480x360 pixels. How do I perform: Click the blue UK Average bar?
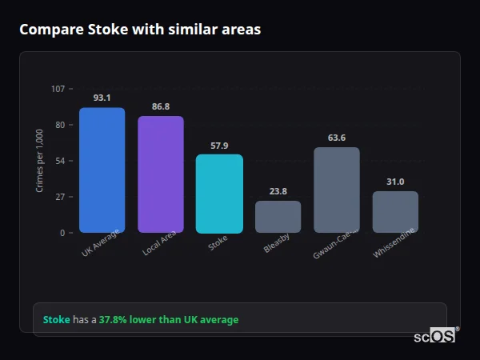click(102, 170)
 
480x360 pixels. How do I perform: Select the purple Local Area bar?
click(161, 174)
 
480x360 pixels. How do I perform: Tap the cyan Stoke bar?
click(219, 194)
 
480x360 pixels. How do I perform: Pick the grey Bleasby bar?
click(278, 217)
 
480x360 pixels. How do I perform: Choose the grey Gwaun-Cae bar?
click(337, 190)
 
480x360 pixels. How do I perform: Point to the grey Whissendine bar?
click(395, 212)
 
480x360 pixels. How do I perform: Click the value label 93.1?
click(102, 98)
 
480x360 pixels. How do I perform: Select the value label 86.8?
click(161, 106)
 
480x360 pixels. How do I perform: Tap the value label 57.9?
click(219, 146)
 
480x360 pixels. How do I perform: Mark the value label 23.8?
click(278, 191)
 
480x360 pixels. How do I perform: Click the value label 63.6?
click(337, 138)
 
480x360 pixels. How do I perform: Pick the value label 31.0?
click(395, 182)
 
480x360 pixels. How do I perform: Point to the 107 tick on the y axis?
click(58, 89)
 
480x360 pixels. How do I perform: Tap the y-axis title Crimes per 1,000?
click(39, 161)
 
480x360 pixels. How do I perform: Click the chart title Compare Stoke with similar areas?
click(140, 30)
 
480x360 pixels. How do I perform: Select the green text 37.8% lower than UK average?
click(168, 320)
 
